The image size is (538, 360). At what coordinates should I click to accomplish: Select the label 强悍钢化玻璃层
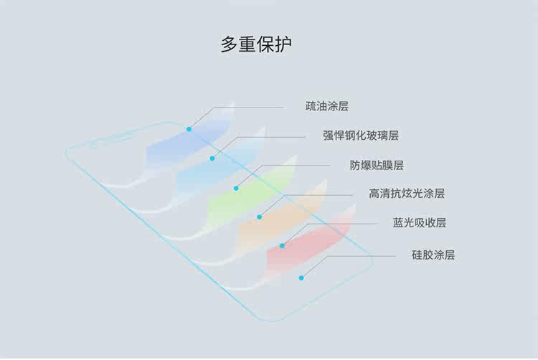(360, 135)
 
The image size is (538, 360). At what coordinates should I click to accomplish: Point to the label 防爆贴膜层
(377, 165)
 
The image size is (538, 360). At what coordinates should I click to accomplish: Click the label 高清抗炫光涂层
(407, 194)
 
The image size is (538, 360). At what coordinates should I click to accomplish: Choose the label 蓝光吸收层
(419, 223)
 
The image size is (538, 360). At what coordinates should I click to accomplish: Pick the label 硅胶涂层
(433, 255)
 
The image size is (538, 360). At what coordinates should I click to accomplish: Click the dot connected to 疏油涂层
(189, 129)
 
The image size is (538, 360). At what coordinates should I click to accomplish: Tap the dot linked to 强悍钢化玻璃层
(212, 158)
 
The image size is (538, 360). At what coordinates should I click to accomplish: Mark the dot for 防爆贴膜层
(235, 188)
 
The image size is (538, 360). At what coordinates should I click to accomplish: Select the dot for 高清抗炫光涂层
(259, 216)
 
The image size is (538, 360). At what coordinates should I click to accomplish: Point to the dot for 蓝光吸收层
(282, 245)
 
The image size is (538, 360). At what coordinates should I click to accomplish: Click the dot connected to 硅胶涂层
(301, 278)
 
